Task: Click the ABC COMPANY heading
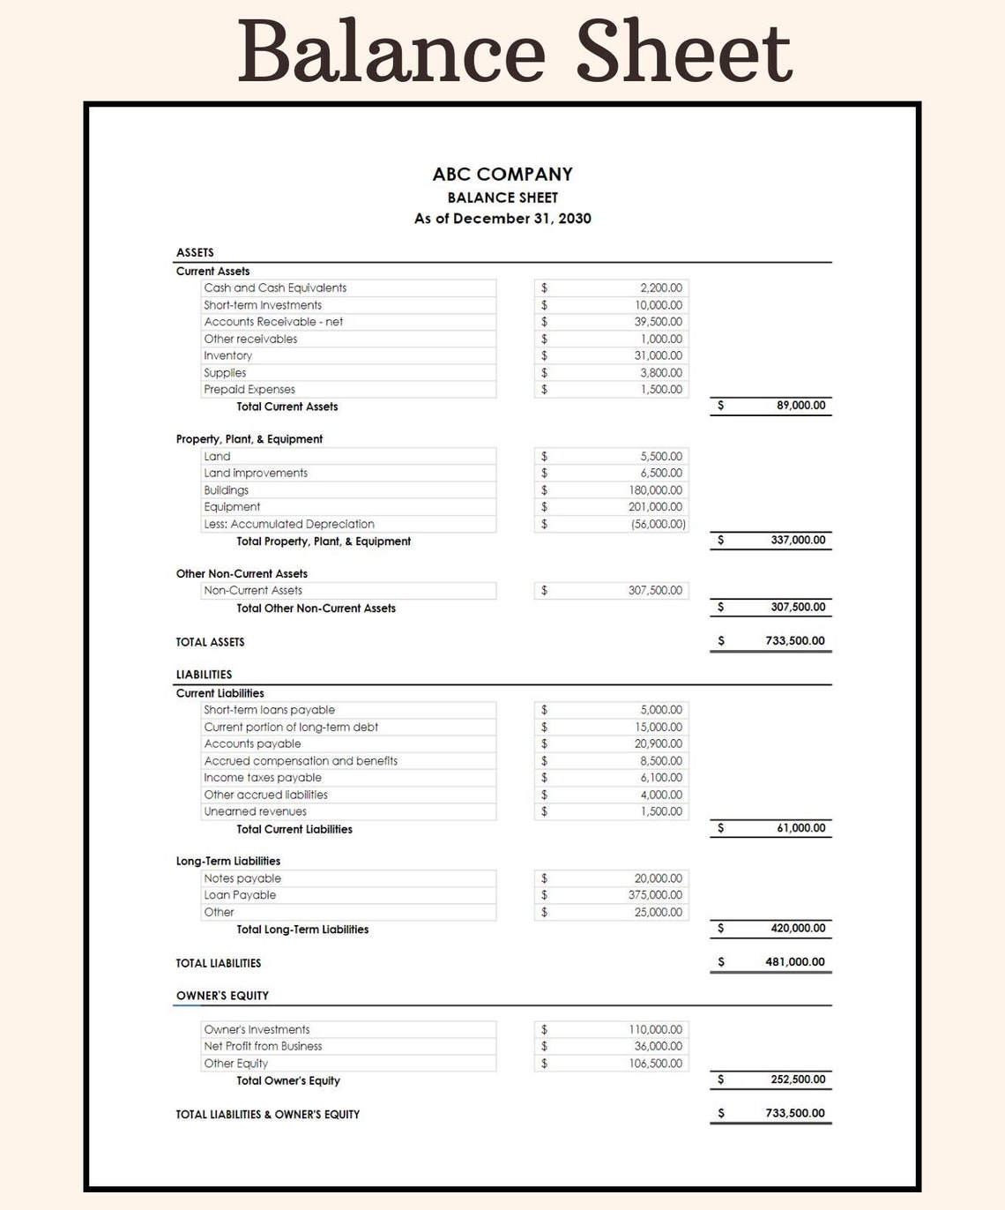coord(502,175)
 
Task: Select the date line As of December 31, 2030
coord(502,219)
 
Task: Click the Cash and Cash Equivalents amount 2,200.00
coord(660,288)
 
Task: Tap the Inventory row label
coord(228,356)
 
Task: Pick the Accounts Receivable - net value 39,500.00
coord(658,322)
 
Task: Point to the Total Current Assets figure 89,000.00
coord(800,406)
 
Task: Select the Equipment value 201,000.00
coord(655,507)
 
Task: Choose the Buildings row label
coord(227,490)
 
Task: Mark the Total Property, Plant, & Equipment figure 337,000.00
coord(798,540)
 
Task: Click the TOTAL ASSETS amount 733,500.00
coord(795,641)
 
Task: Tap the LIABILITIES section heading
coord(204,675)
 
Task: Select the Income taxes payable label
coord(263,778)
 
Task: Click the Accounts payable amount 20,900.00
coord(658,744)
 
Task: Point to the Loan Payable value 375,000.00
coord(655,895)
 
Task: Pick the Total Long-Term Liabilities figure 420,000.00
coord(798,928)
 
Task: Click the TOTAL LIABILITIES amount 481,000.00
coord(795,962)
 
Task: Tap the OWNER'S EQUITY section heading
coord(222,996)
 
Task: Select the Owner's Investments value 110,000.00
coord(655,1030)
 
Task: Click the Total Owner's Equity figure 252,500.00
coord(798,1079)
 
